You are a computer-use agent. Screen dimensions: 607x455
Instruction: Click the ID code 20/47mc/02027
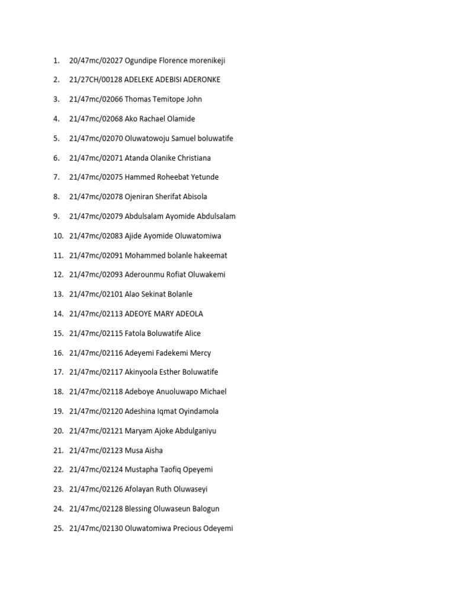96,60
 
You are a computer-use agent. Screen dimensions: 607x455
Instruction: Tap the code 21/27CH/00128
96,80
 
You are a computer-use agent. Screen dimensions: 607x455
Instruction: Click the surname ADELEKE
141,80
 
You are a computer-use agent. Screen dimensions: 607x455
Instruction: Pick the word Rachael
153,119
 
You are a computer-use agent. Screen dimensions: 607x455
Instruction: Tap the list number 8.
56,197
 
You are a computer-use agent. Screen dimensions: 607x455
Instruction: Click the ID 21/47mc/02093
96,275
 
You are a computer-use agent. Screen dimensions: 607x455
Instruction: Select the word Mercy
200,353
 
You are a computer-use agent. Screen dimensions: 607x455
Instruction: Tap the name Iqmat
168,411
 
